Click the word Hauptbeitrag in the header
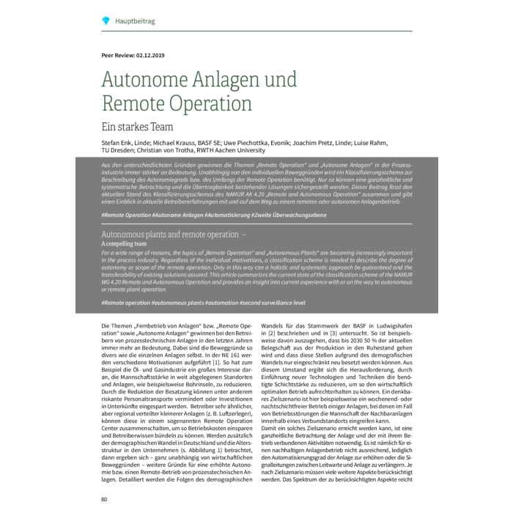pos(135,21)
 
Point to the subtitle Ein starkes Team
pos(138,126)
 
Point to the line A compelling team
pos(124,243)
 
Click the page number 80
pos(105,500)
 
